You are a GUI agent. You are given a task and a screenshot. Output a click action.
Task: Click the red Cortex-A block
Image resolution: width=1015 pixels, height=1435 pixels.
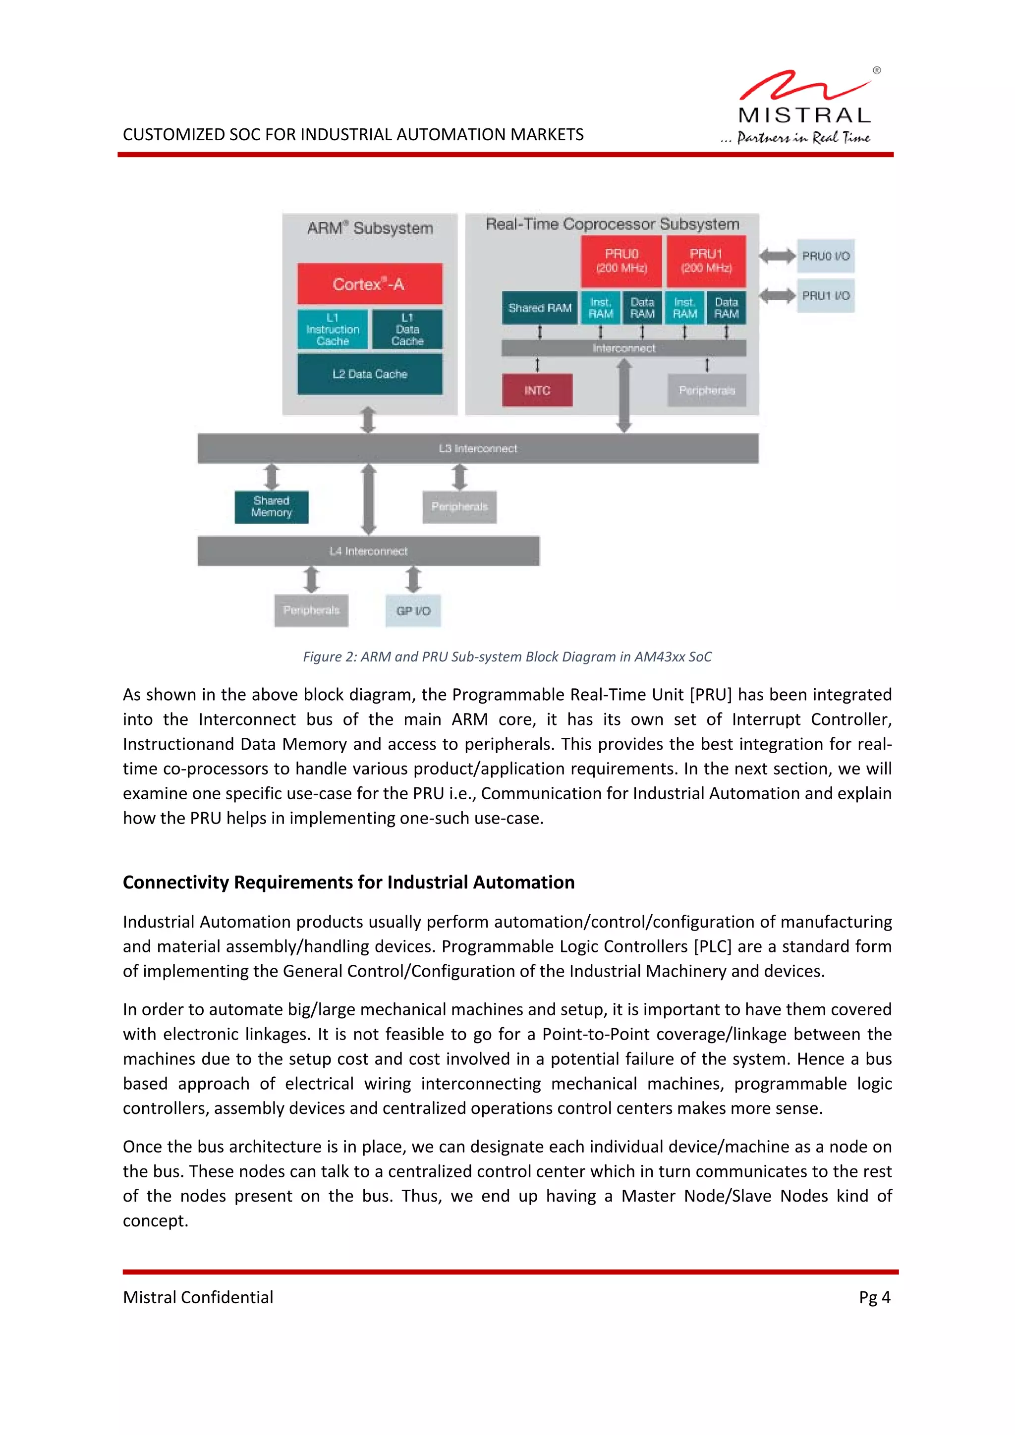tap(369, 284)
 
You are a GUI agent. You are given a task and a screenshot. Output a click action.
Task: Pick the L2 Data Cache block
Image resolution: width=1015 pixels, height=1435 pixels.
tap(369, 374)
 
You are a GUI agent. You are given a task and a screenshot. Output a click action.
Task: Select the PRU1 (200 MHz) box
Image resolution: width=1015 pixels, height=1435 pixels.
tap(706, 261)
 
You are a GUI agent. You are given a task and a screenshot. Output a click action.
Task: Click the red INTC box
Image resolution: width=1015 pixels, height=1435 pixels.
tap(537, 390)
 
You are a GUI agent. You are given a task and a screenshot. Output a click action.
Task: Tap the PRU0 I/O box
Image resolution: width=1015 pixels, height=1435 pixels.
tap(826, 256)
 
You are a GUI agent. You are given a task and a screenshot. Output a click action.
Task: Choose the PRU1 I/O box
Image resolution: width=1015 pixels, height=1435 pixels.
tap(826, 296)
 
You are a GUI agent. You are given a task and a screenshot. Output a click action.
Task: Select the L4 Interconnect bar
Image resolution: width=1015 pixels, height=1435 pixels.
tap(368, 551)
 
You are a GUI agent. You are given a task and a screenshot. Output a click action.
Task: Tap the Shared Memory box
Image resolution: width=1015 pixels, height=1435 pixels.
tap(271, 506)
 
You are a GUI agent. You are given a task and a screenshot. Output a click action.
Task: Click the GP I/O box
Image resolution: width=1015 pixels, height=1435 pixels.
tap(413, 610)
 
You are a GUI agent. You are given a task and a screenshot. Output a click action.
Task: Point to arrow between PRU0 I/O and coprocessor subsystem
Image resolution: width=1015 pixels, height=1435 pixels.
tap(777, 256)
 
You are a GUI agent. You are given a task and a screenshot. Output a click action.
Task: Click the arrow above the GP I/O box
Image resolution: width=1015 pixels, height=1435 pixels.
tap(413, 579)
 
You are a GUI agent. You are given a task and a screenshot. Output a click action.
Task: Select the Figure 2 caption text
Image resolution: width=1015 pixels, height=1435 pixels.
tap(507, 656)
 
